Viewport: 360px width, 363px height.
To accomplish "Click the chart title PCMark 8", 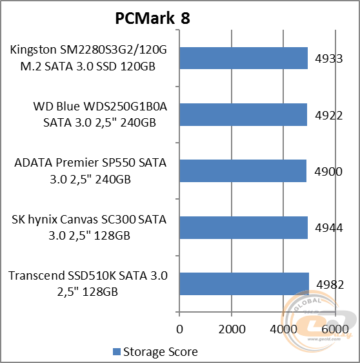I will [152, 18].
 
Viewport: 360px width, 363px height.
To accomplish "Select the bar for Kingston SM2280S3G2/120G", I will [243, 58].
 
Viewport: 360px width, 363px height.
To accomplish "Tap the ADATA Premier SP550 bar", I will [243, 171].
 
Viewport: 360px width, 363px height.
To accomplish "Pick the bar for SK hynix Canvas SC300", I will [243, 227].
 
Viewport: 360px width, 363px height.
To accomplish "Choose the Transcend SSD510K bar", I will [244, 284].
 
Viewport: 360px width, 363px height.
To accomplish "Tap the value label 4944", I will [328, 227].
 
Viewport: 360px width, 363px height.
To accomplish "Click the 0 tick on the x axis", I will [179, 329].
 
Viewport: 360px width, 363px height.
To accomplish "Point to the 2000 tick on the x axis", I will [231, 329].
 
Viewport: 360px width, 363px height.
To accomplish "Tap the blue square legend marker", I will [117, 352].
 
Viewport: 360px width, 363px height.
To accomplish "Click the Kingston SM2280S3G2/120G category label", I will [88, 58].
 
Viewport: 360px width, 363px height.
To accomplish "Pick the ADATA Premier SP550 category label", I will [90, 171].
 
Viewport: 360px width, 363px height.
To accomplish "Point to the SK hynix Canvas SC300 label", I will [89, 227].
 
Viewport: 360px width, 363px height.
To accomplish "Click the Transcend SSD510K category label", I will [88, 284].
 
